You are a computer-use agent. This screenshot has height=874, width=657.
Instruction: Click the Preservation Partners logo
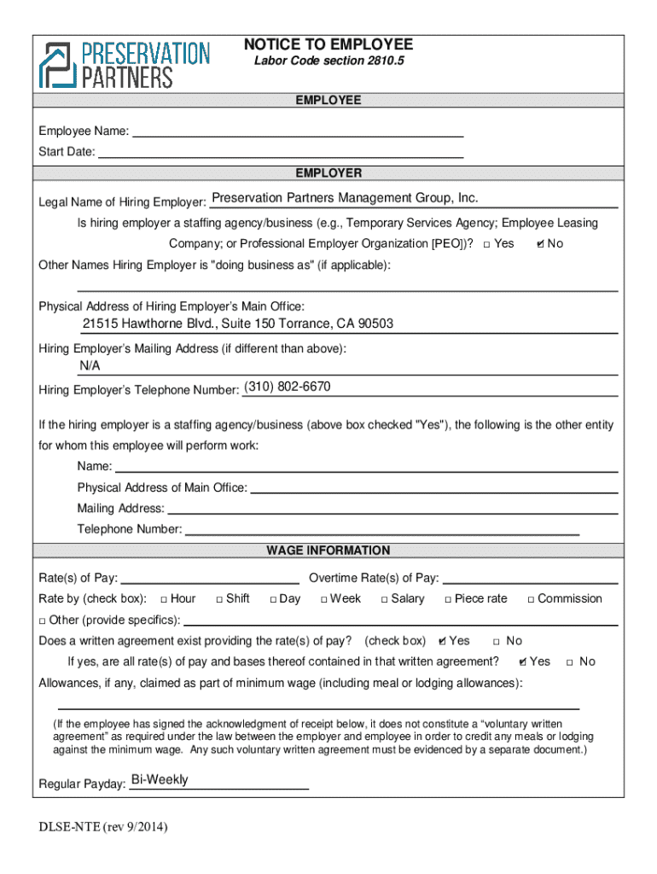click(x=124, y=65)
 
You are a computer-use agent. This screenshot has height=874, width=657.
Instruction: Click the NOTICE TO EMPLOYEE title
click(x=328, y=44)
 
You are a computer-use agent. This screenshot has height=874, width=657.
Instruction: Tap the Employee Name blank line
click(x=298, y=131)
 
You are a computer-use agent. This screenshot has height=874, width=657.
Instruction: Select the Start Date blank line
click(x=281, y=153)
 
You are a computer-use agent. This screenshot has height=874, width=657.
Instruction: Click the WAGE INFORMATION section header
click(x=328, y=551)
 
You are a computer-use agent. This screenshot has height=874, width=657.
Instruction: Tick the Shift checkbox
click(x=219, y=599)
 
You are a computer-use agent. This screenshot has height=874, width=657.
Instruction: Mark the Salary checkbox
click(x=384, y=599)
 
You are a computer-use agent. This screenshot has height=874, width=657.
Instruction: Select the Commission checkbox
click(x=531, y=599)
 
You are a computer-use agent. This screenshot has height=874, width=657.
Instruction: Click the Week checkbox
click(x=324, y=599)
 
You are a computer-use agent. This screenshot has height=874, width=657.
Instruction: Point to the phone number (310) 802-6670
click(x=288, y=387)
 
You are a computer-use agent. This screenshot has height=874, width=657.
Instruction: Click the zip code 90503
click(x=376, y=323)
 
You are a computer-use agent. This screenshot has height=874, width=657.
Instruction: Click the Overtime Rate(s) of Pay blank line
click(x=530, y=579)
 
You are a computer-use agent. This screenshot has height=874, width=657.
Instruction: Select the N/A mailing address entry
click(x=90, y=365)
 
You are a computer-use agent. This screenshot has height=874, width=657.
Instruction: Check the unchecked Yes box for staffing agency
click(x=485, y=244)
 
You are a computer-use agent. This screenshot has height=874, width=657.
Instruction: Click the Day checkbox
click(x=273, y=599)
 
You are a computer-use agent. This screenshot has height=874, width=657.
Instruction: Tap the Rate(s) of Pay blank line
click(x=211, y=579)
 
